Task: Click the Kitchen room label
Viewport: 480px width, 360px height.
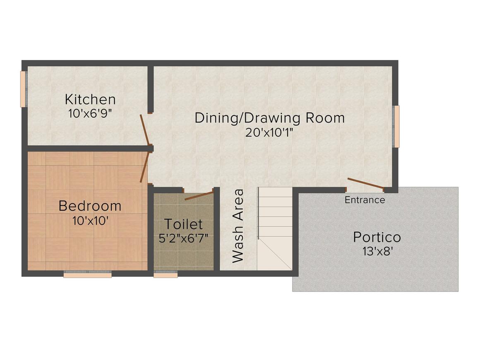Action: [90, 99]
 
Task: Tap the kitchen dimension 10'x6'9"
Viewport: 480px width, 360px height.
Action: [90, 113]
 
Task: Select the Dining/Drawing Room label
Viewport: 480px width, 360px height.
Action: [270, 118]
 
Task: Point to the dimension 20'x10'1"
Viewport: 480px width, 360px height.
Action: [269, 132]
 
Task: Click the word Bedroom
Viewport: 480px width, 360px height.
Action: [90, 206]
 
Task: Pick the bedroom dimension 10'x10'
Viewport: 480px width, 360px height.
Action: [91, 221]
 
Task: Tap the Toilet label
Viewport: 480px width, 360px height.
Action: [183, 224]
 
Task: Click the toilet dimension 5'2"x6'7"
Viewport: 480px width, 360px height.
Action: [183, 238]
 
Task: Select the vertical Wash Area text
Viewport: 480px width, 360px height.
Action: [238, 226]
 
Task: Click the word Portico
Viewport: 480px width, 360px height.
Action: [377, 237]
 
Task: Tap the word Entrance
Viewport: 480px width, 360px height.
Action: [365, 200]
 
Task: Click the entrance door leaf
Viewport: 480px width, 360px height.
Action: [365, 183]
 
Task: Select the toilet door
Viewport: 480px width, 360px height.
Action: [199, 195]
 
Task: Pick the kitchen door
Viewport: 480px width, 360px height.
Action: [144, 130]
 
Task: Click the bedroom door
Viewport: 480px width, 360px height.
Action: [144, 168]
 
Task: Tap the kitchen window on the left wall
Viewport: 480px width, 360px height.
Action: [23, 89]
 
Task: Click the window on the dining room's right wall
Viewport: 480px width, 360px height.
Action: [397, 127]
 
